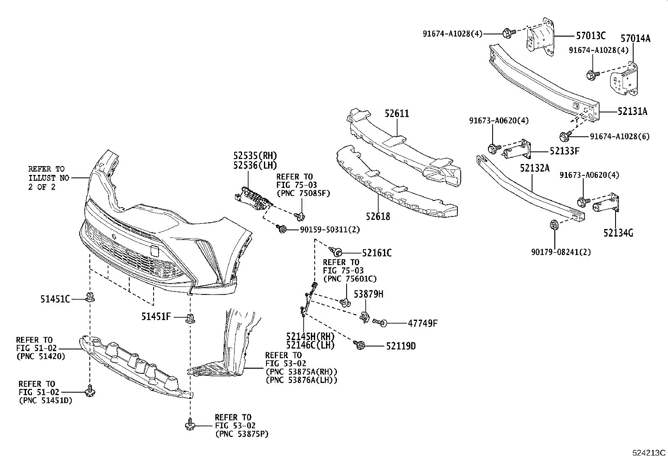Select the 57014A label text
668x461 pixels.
635,39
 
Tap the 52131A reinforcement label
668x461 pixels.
632,112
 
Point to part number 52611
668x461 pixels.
397,114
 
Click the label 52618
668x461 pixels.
378,216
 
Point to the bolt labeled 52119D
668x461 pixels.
360,345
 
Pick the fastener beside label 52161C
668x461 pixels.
336,252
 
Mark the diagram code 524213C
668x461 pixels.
649,453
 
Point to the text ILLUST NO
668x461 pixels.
48,178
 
